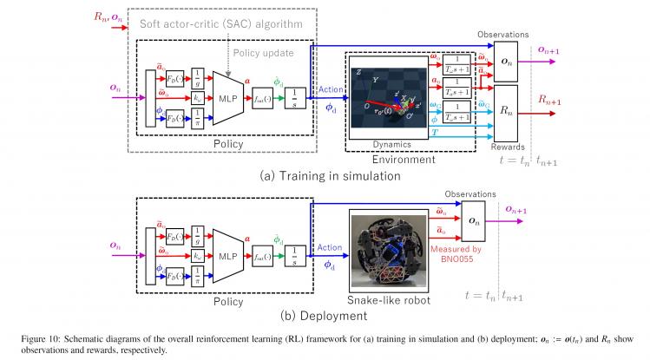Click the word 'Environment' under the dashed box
point(410,160)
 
